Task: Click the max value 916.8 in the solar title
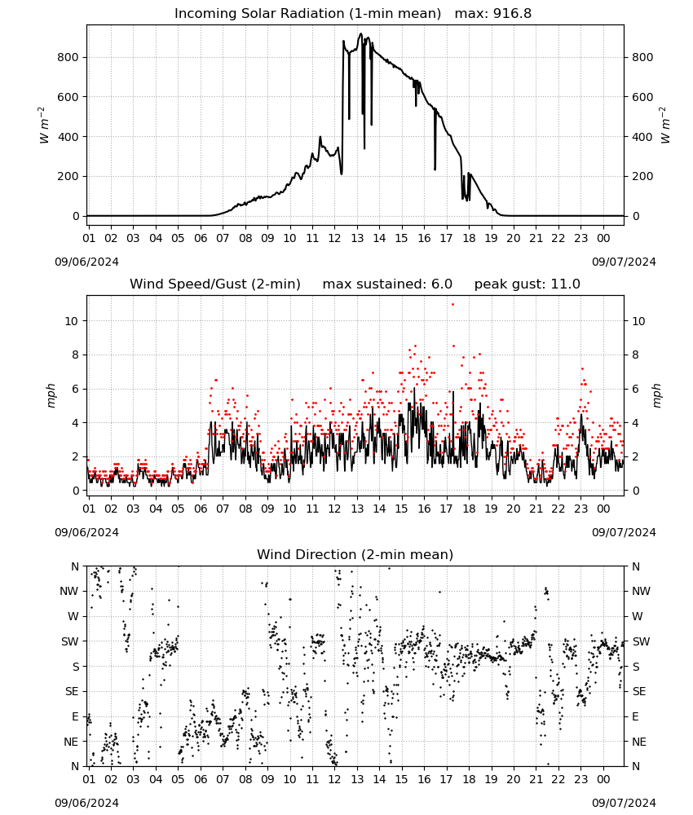(x=512, y=13)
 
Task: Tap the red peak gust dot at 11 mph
(x=452, y=304)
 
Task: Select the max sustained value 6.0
(x=441, y=284)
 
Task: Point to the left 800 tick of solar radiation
(x=68, y=57)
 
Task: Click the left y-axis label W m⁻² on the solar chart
(x=43, y=126)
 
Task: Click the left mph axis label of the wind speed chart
(x=51, y=395)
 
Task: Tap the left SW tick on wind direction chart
(x=70, y=641)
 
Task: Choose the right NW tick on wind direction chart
(x=640, y=591)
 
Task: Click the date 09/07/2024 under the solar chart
(x=624, y=262)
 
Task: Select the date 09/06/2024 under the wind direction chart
(x=86, y=803)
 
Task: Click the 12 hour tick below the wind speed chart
(x=334, y=509)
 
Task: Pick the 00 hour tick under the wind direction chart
(x=603, y=779)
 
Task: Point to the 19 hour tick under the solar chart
(x=492, y=238)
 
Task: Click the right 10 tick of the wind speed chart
(x=638, y=321)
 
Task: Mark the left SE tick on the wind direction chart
(x=73, y=691)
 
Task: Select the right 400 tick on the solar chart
(x=642, y=137)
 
